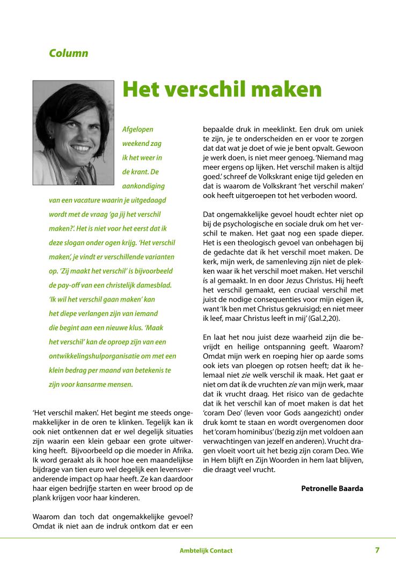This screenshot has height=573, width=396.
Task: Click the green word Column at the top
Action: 68,53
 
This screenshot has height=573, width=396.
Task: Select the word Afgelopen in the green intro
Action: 138,130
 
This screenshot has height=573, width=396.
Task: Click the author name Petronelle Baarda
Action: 332,488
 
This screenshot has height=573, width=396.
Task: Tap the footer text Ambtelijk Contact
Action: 206,551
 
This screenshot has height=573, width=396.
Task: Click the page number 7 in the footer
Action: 377,550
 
